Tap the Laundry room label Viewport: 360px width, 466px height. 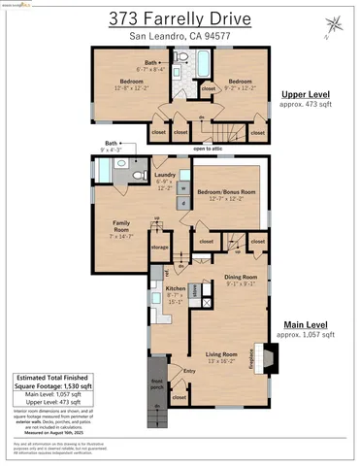tap(164, 176)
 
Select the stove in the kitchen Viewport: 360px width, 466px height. tap(194, 290)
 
